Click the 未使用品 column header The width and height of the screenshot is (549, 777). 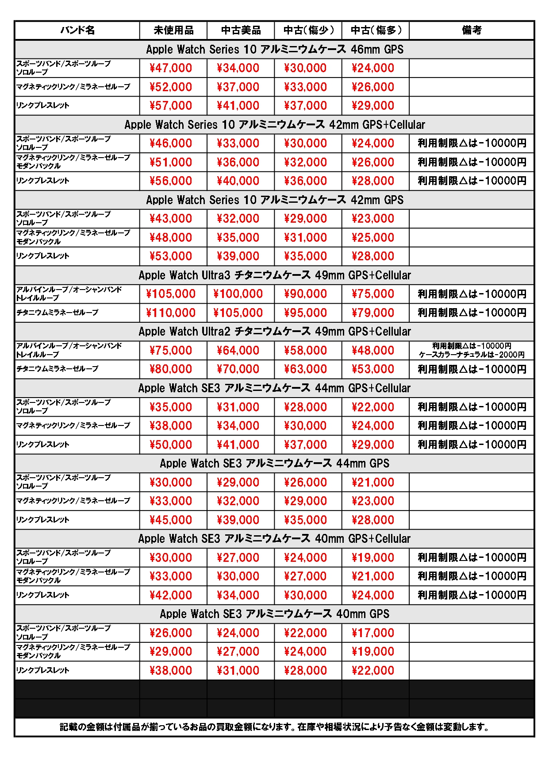tap(173, 30)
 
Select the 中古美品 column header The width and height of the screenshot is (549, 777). tap(241, 30)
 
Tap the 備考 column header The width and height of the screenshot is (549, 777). tap(472, 30)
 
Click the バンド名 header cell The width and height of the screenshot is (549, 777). tap(77, 30)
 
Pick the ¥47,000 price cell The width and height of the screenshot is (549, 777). tap(171, 68)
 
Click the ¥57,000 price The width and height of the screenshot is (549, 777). tap(171, 106)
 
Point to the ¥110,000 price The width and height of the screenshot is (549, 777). tap(171, 313)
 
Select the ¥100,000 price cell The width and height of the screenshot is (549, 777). tap(238, 294)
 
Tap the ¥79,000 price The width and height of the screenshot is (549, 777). tap(373, 313)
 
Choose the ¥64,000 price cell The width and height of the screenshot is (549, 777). tap(238, 351)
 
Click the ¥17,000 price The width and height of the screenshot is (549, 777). tap(373, 633)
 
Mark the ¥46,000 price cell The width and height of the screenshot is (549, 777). tap(171, 143)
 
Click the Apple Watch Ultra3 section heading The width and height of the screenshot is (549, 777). tap(275, 275)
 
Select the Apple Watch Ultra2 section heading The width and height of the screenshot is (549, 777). tap(275, 332)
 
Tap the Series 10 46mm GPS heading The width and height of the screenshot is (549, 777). tap(275, 50)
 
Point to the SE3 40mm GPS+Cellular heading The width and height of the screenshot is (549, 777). tap(275, 539)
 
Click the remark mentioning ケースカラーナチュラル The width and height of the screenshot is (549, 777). tap(472, 355)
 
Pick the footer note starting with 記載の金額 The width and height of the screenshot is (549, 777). tap(275, 727)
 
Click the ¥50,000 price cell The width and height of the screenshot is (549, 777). tap(171, 445)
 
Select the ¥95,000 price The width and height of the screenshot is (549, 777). tap(306, 313)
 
